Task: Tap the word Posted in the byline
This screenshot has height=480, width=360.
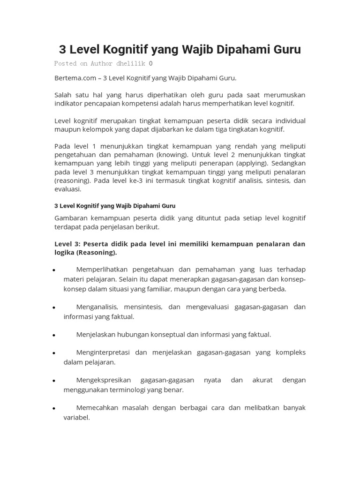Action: coord(66,63)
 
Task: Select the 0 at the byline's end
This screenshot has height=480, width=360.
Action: coord(150,63)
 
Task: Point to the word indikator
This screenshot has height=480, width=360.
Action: coord(69,103)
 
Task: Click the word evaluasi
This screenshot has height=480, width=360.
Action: coord(67,189)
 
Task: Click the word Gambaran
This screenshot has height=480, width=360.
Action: coord(71,218)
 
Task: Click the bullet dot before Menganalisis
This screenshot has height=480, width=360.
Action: coord(54,308)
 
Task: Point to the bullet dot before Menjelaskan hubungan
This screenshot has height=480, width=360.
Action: coord(54,336)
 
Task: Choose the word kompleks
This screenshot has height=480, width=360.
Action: coord(291,352)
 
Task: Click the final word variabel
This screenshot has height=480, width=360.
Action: coord(76,417)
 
